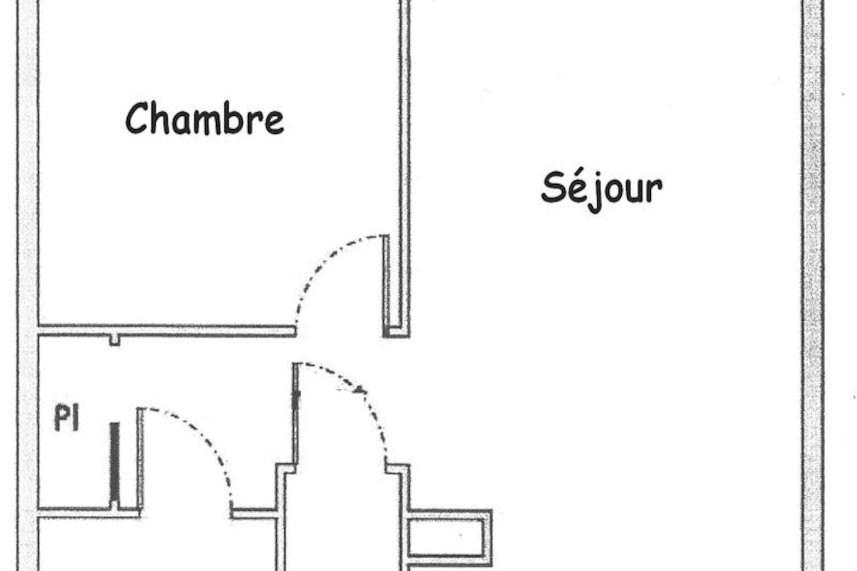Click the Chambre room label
pos(205,119)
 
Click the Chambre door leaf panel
pos(386,285)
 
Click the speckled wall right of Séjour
pos(813,285)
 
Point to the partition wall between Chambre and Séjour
pos(404,167)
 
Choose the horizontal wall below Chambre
pos(167,330)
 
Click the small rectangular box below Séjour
pos(449,538)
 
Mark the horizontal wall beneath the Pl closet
pos(89,512)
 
